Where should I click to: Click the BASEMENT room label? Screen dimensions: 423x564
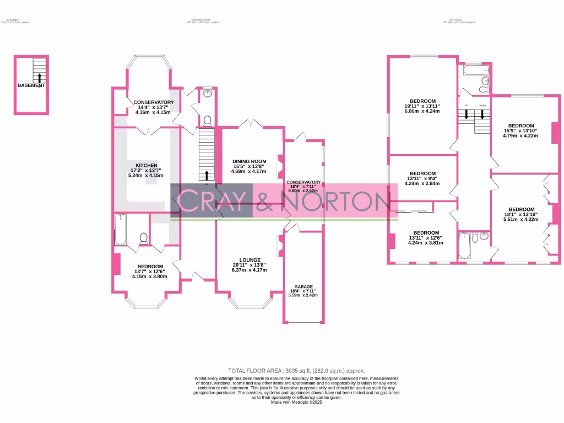click(x=31, y=86)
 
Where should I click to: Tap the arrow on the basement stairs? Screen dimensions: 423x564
click(x=39, y=78)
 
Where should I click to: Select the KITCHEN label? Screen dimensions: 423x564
click(x=147, y=165)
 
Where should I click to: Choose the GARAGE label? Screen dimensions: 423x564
click(x=303, y=287)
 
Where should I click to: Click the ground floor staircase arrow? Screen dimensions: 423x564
click(x=207, y=176)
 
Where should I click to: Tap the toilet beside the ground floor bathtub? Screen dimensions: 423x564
click(x=144, y=238)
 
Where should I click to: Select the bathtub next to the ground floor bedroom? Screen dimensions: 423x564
click(x=121, y=230)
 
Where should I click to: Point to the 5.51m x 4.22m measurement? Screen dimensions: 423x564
click(x=521, y=219)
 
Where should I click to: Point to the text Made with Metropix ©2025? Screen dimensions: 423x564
click(x=296, y=403)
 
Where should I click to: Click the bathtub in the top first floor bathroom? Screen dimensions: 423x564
click(x=471, y=70)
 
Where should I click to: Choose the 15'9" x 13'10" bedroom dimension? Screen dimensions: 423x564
click(x=521, y=131)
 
